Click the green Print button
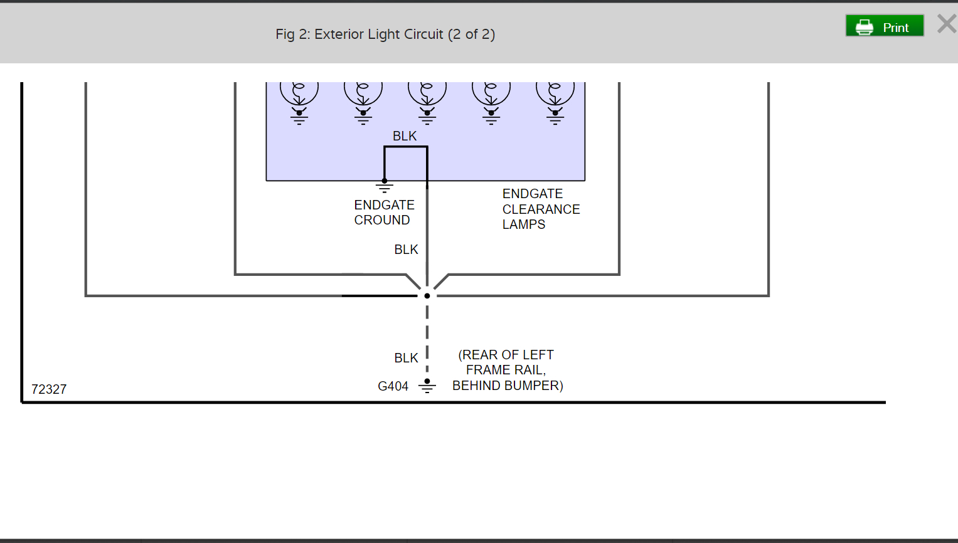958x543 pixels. (x=885, y=26)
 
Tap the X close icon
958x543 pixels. (x=946, y=24)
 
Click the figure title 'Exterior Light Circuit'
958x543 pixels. (x=385, y=34)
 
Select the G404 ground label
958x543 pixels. (x=393, y=386)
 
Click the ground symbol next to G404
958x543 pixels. (x=427, y=386)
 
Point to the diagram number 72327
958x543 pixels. (x=49, y=389)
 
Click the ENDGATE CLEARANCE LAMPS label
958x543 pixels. (x=541, y=209)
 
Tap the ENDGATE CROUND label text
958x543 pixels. (x=384, y=213)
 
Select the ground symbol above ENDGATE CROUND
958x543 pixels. (x=385, y=186)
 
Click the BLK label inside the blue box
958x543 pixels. (x=405, y=136)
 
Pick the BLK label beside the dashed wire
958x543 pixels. (x=406, y=358)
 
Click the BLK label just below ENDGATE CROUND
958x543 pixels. (x=406, y=250)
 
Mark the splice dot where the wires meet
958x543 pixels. (x=427, y=296)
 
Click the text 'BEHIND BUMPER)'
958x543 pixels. (x=508, y=386)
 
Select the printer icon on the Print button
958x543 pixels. (x=865, y=27)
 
